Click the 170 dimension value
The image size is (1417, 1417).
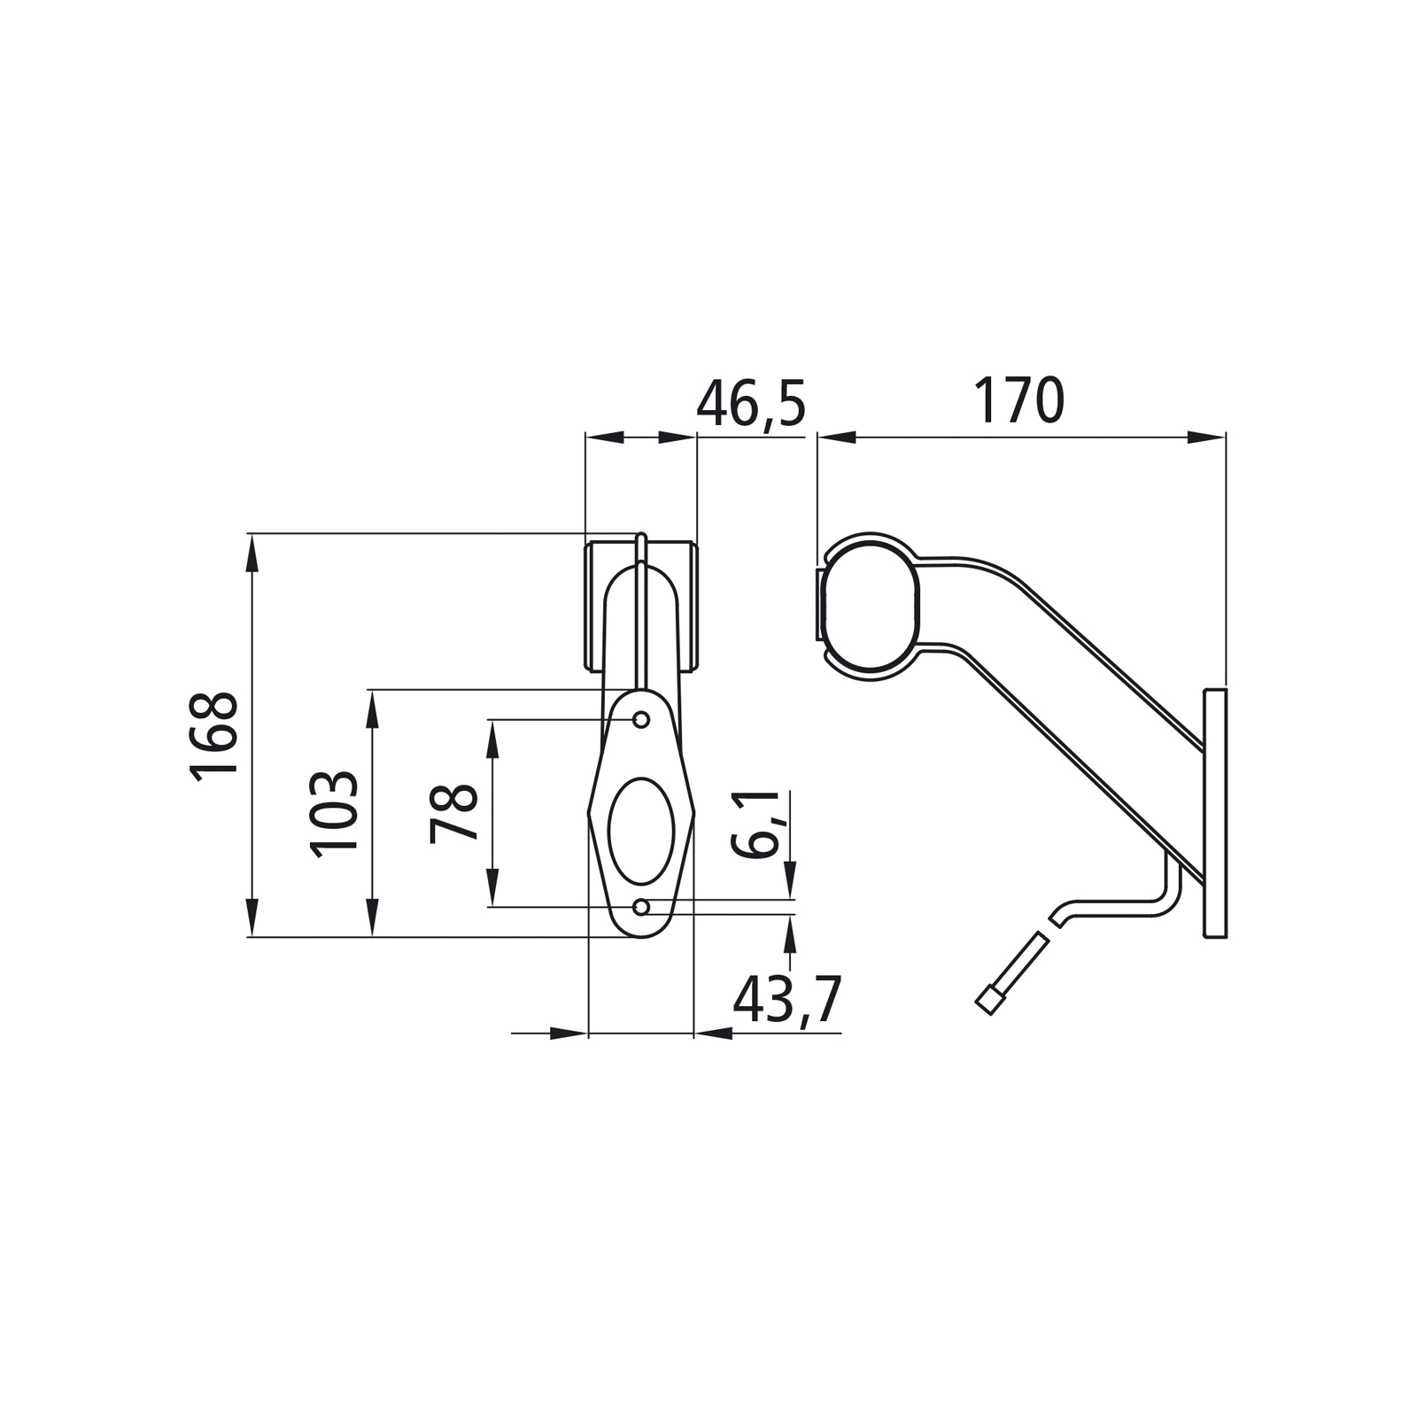(x=1018, y=400)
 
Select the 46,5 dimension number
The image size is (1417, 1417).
(x=751, y=404)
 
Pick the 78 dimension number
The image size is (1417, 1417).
(x=454, y=813)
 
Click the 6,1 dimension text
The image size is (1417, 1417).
(x=755, y=824)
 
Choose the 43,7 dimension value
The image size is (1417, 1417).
(x=786, y=1001)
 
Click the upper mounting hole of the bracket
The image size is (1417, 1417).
(x=642, y=718)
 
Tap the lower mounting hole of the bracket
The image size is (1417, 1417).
(x=642, y=907)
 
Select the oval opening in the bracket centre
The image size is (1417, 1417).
(x=642, y=831)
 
